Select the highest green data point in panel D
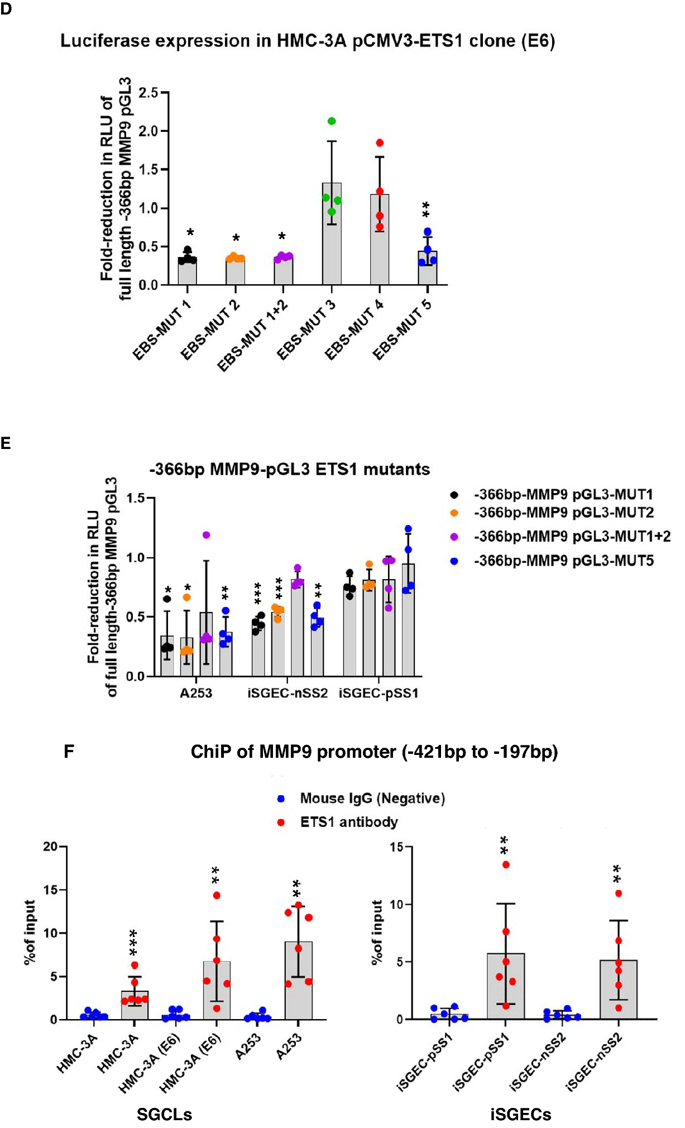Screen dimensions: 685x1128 [x=332, y=121]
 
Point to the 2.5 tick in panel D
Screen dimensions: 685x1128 [x=149, y=93]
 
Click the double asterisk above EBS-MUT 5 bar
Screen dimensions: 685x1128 [x=426, y=210]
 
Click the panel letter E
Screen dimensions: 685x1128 [x=6, y=443]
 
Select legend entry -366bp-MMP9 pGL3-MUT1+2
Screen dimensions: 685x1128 [x=572, y=537]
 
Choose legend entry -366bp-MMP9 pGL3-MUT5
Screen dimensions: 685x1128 [x=563, y=561]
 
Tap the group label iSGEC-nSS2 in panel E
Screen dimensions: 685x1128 [x=288, y=694]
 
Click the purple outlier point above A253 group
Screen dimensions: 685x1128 [x=206, y=535]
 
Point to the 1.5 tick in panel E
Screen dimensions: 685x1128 [x=136, y=498]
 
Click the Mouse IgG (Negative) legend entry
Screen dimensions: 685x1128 [x=372, y=799]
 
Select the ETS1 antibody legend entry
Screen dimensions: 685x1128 [x=349, y=823]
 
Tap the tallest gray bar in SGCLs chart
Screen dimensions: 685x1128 [x=299, y=981]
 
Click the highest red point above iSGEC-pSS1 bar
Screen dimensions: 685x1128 [x=506, y=864]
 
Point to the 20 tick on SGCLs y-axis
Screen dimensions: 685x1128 [x=51, y=847]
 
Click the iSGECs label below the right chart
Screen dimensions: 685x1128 [x=520, y=1115]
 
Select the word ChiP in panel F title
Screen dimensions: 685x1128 [x=210, y=752]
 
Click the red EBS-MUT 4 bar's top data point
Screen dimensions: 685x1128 [x=380, y=143]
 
